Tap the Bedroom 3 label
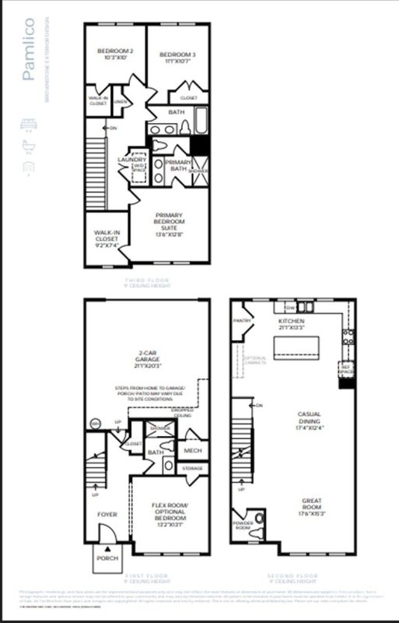tap(175, 55)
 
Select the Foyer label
tap(106, 515)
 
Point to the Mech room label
tap(192, 450)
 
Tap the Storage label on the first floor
tap(192, 469)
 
